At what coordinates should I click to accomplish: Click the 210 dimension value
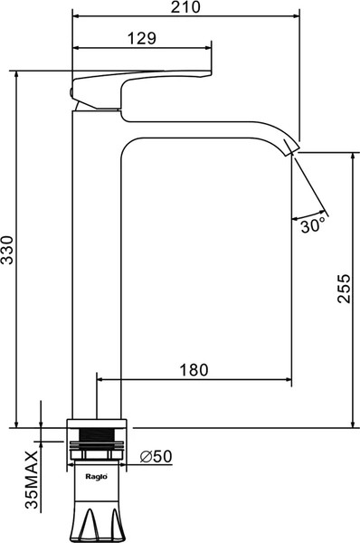pos(185,7)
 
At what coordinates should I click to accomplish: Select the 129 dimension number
pos(142,38)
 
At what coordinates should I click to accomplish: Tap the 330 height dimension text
pos(7,250)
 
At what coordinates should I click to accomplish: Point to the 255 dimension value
pos(344,289)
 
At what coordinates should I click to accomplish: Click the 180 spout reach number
pos(194,370)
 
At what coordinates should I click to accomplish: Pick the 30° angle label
pos(313,225)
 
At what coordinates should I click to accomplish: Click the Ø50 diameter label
pos(156,457)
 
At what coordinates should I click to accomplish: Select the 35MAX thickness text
pos(32,480)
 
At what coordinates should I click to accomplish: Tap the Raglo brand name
pos(97,477)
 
